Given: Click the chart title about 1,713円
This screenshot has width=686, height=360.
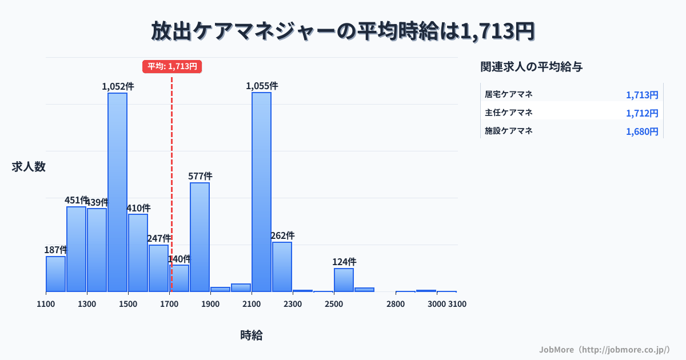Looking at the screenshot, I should [343, 31].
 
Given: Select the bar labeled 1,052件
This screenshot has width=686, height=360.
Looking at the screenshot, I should [118, 192].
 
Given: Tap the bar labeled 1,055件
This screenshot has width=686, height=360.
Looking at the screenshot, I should [262, 192].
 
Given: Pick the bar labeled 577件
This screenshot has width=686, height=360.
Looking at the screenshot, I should [200, 237].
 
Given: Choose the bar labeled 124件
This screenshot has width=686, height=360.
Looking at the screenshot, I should [344, 280].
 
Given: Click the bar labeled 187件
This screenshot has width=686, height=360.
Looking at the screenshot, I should [55, 274].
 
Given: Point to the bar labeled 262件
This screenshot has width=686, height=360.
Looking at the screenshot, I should [282, 267].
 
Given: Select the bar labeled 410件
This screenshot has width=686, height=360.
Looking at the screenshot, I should [138, 253].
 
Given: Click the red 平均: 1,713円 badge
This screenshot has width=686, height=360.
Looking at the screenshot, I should [172, 66].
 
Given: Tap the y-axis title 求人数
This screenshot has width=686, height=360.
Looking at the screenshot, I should [29, 167].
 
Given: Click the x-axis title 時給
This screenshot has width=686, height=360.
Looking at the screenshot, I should [252, 335].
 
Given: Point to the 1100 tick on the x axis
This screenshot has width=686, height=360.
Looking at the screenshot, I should [46, 304].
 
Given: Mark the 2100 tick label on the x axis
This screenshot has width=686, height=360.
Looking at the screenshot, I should [252, 304].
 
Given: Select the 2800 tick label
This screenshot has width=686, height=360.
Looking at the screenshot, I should [396, 304].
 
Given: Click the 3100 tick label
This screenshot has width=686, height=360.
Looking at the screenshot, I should [457, 304].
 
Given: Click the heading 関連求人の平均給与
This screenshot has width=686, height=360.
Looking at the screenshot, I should [532, 67].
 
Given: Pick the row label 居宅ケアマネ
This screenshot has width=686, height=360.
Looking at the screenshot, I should [509, 94].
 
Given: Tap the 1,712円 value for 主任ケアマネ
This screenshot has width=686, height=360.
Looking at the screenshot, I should [642, 113].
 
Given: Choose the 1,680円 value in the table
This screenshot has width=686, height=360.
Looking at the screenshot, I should [642, 131].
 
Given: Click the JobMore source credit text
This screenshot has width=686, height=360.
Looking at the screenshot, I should [604, 349].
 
